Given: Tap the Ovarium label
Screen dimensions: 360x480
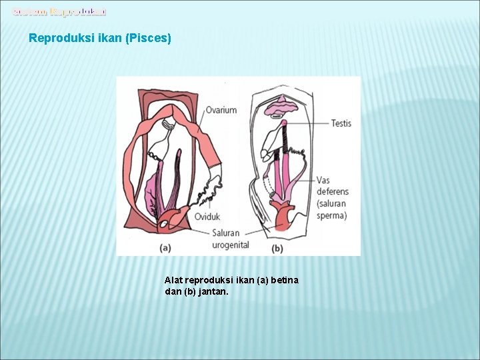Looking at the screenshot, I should click(x=221, y=110).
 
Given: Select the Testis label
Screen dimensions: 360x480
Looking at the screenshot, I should click(x=341, y=123).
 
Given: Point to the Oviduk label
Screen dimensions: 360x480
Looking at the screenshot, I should click(x=208, y=217).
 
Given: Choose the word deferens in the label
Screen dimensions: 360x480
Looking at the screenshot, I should click(x=333, y=192).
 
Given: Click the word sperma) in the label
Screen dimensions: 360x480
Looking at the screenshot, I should click(x=332, y=215).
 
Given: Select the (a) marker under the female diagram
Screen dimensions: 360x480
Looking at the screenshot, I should click(x=165, y=248).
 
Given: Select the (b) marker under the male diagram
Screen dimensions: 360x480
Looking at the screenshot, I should click(x=277, y=248).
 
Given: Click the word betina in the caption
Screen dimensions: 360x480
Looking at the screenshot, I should click(x=285, y=280).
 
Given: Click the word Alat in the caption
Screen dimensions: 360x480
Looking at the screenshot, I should click(x=173, y=280).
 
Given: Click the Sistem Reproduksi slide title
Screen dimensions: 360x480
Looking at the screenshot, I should click(x=59, y=11).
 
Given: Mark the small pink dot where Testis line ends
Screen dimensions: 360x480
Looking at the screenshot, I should click(x=283, y=123).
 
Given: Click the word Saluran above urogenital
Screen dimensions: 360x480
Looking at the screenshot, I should click(x=230, y=233).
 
